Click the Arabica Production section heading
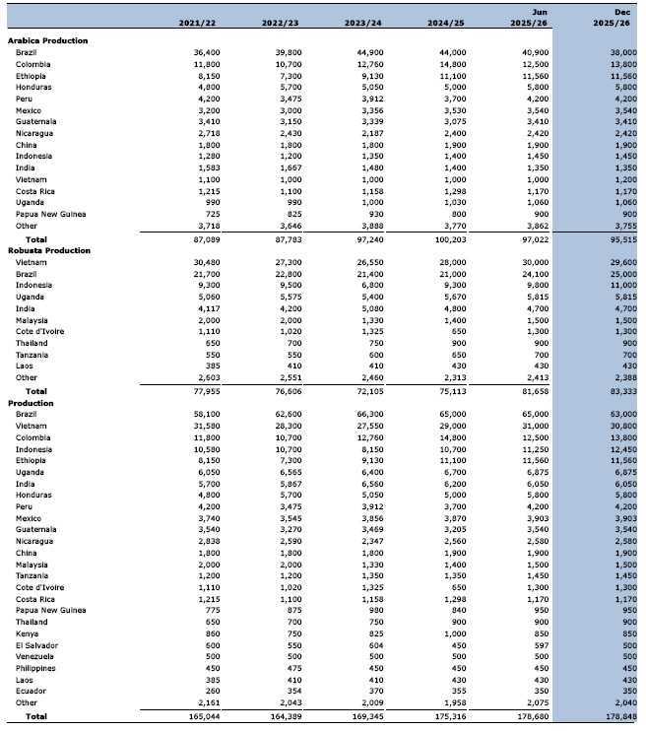coord(47,40)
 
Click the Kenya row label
coord(27,632)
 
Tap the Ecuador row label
coord(31,691)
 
